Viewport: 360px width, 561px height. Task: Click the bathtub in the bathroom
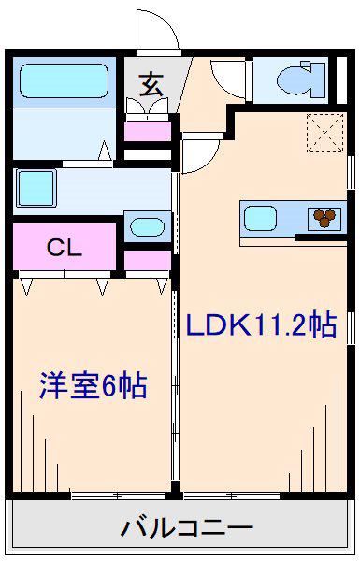pyautogui.click(x=65, y=80)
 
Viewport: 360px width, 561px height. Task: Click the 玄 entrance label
pyautogui.click(x=151, y=85)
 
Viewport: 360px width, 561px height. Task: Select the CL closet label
pyautogui.click(x=65, y=247)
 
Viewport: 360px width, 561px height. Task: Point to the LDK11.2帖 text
pyautogui.click(x=261, y=324)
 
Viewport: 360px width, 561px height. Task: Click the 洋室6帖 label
pyautogui.click(x=94, y=385)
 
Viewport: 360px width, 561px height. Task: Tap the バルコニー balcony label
pyautogui.click(x=187, y=527)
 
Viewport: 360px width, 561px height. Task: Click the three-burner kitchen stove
pyautogui.click(x=324, y=218)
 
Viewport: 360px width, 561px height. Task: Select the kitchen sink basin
pyautogui.click(x=260, y=218)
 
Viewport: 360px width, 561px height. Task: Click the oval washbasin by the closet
pyautogui.click(x=147, y=227)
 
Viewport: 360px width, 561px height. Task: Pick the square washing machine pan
pyautogui.click(x=36, y=188)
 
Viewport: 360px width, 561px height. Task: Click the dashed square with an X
pyautogui.click(x=324, y=133)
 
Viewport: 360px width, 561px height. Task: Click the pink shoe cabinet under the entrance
pyautogui.click(x=148, y=131)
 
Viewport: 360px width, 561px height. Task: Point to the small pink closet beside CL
pyautogui.click(x=148, y=261)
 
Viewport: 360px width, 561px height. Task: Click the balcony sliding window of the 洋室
pyautogui.click(x=118, y=496)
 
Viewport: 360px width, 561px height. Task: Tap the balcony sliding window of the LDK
pyautogui.click(x=232, y=496)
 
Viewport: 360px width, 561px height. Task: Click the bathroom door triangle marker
pyautogui.click(x=105, y=151)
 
